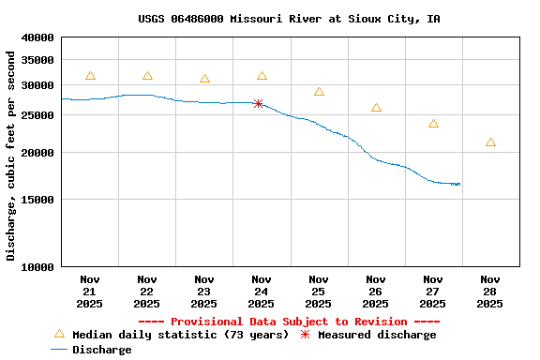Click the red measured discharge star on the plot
click(x=258, y=103)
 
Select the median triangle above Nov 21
click(x=90, y=76)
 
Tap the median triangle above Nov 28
click(x=490, y=142)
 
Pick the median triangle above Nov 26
click(x=376, y=108)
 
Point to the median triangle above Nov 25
click(x=319, y=92)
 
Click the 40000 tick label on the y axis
click(x=37, y=37)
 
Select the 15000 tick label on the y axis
click(x=37, y=200)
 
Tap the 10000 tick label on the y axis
click(x=37, y=267)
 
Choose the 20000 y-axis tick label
click(x=37, y=153)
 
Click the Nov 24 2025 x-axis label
click(x=262, y=292)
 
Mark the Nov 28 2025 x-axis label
click(x=490, y=292)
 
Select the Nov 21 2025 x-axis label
click(x=90, y=292)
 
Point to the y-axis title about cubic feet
click(x=11, y=156)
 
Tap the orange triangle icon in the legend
click(x=59, y=334)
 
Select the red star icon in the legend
click(x=305, y=335)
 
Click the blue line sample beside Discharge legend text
click(x=59, y=350)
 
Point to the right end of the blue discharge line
click(x=459, y=184)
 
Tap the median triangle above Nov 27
click(x=433, y=124)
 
